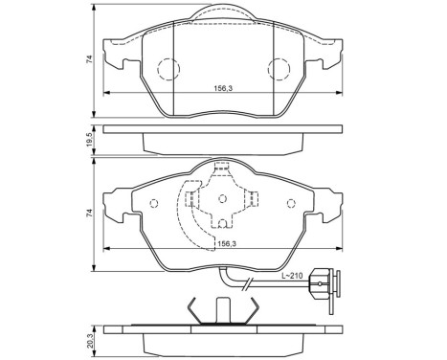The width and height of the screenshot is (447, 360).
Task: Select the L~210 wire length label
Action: tap(292, 278)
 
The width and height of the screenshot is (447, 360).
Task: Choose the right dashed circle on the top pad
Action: tap(280, 69)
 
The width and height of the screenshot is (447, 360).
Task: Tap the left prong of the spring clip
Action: tap(194, 311)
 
